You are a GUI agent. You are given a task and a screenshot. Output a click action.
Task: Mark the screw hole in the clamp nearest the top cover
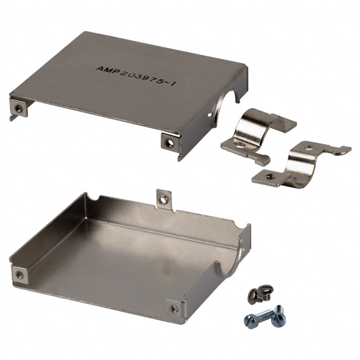click(x=235, y=145)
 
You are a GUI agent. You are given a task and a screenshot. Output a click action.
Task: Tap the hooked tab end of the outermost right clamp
click(x=343, y=150)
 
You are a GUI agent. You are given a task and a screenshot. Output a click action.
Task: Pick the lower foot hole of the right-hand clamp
click(x=271, y=177)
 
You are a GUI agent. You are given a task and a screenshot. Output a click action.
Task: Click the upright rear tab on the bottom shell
click(x=163, y=198)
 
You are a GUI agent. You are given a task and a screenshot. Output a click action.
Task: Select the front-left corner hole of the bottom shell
click(x=20, y=274)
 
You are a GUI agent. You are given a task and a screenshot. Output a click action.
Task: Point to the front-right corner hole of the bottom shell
click(x=174, y=308)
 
